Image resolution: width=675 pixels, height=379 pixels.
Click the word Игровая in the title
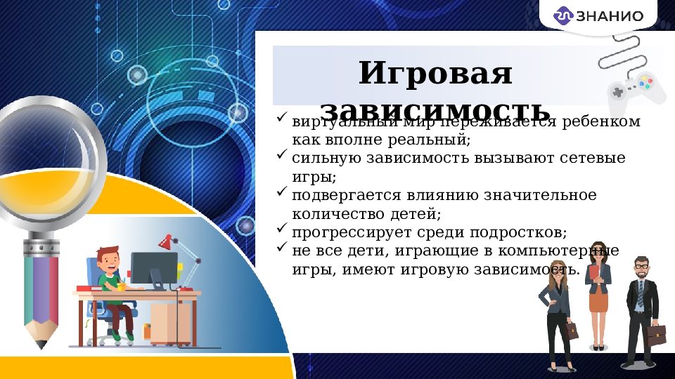click(x=435, y=74)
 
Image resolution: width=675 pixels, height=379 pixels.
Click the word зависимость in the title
click(x=435, y=112)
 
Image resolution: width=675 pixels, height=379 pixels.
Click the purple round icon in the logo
click(x=563, y=15)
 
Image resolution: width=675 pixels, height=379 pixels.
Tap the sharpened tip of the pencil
click(x=41, y=344)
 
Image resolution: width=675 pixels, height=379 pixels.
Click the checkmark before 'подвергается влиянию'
click(x=282, y=190)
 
